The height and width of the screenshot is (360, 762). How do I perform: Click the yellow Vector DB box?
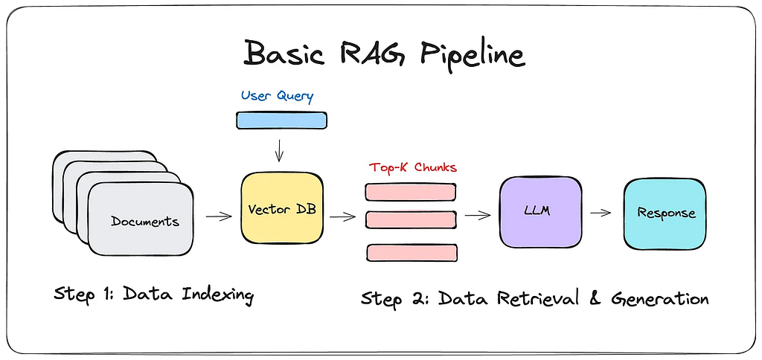[x=282, y=208]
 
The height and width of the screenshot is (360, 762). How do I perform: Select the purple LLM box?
[x=540, y=212]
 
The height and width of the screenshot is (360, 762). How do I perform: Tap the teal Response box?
[x=665, y=214]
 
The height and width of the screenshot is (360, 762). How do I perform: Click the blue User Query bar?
[x=281, y=120]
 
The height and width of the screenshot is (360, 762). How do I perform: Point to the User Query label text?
[x=278, y=96]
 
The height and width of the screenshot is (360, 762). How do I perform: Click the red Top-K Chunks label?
[x=412, y=167]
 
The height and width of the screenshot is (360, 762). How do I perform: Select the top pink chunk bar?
[x=411, y=192]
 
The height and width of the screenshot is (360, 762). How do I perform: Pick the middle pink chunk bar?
[x=411, y=220]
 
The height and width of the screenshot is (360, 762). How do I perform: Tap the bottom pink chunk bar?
[x=412, y=253]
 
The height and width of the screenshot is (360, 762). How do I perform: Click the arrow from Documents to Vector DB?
[x=220, y=216]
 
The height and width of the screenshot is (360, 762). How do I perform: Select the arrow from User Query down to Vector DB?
[x=279, y=150]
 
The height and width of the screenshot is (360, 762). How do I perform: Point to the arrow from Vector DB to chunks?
[x=342, y=216]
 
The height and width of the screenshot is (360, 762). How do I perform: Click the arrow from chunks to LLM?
[x=478, y=215]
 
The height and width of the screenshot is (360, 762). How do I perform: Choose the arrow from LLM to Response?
[x=601, y=212]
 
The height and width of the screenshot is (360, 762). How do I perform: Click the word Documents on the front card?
[x=145, y=222]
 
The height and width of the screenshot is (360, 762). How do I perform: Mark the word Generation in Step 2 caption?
[x=659, y=299]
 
